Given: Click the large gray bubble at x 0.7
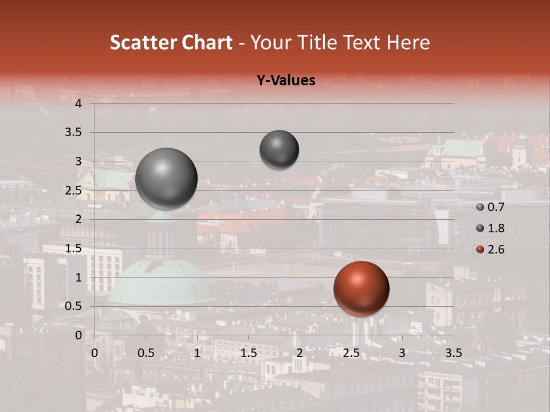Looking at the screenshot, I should (x=166, y=179).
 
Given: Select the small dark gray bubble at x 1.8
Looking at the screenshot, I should (x=279, y=149).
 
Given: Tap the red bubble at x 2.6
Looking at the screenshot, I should (x=361, y=288).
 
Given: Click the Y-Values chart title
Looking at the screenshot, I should (x=285, y=81).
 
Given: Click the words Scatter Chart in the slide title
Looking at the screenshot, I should (x=171, y=42).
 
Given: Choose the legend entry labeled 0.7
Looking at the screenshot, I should (x=496, y=208).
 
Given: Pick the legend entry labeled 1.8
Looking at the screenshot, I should (x=496, y=228).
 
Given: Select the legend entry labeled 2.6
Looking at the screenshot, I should (x=496, y=249).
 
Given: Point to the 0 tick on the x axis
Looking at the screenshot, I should (x=95, y=352).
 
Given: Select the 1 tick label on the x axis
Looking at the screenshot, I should (x=197, y=352).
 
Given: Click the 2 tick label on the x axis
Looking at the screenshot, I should (x=300, y=352).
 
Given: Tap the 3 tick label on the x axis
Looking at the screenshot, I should (x=402, y=352).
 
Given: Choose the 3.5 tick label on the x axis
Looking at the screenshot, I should (x=453, y=352).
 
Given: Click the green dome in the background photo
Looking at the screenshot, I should (x=160, y=280).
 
